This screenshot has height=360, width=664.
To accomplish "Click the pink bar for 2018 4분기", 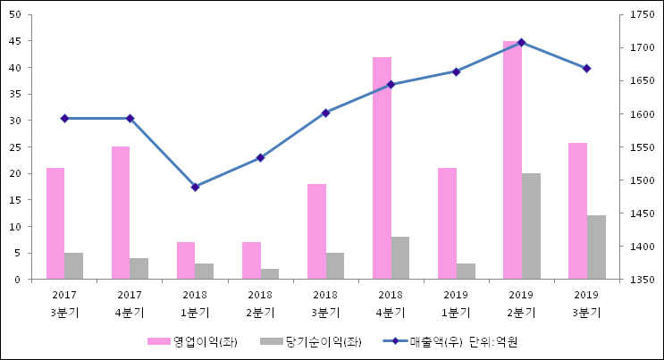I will pyautogui.click(x=382, y=168).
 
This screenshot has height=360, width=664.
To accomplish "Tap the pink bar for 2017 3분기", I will pyautogui.click(x=55, y=223).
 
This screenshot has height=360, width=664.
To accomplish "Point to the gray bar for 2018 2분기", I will pyautogui.click(x=269, y=274).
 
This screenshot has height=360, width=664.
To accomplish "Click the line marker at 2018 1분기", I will pyautogui.click(x=195, y=187).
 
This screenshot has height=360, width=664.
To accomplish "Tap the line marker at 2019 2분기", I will pyautogui.click(x=521, y=42).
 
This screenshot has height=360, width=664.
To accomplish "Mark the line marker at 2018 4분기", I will pyautogui.click(x=391, y=84).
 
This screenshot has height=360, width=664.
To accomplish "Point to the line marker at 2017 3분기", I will pyautogui.click(x=64, y=118).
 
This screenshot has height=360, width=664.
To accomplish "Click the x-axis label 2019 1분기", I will pyautogui.click(x=456, y=304).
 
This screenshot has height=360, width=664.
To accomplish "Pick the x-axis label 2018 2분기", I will pyautogui.click(x=260, y=304).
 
